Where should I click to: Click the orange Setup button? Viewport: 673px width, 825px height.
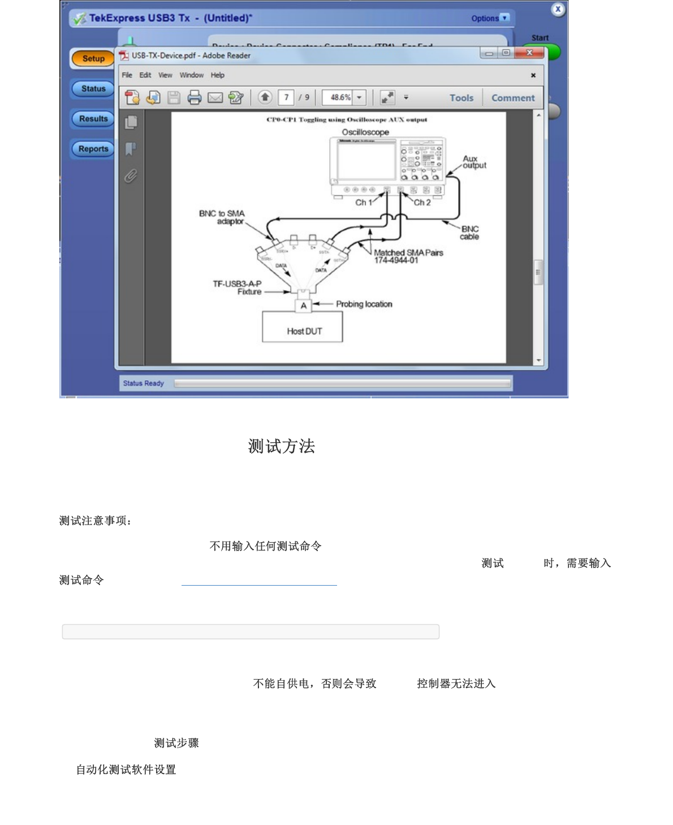[x=93, y=58]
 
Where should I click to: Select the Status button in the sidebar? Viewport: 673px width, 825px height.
[x=93, y=89]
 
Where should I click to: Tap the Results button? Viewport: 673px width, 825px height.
[x=93, y=119]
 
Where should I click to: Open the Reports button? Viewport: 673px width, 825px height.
[x=93, y=149]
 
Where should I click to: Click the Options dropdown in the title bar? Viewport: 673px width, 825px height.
[x=490, y=18]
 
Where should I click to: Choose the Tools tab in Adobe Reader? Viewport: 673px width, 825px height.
[x=461, y=98]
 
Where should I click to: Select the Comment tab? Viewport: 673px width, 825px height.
[x=512, y=98]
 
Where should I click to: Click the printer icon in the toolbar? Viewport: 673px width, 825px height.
[x=194, y=98]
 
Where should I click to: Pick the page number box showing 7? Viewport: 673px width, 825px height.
[x=286, y=97]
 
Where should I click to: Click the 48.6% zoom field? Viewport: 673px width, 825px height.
[x=339, y=97]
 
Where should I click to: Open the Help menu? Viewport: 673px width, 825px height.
[x=217, y=75]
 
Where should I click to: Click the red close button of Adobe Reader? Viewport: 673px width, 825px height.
[x=529, y=53]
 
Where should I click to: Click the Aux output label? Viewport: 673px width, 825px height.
[x=474, y=162]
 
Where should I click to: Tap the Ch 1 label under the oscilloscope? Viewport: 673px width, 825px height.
[x=363, y=203]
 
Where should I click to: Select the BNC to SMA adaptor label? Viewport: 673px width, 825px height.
[x=222, y=217]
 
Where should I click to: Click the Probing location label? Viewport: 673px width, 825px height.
[x=364, y=304]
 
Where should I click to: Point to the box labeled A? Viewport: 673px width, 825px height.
[x=304, y=306]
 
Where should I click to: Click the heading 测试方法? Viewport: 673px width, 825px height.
[x=281, y=446]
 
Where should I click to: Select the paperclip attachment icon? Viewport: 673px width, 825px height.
[x=131, y=176]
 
